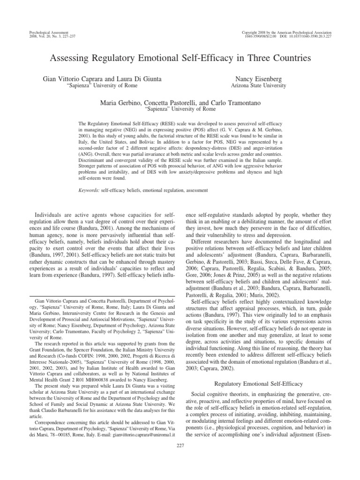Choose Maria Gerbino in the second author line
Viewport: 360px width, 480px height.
tap(120, 102)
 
